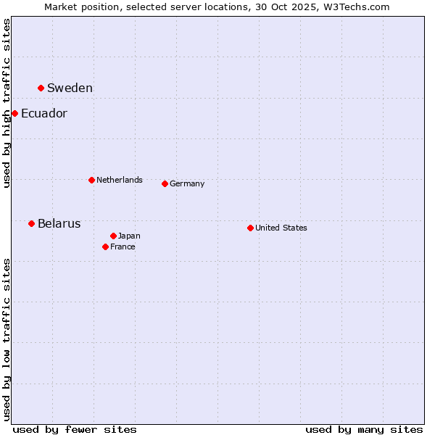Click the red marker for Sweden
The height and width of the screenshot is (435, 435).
(x=41, y=88)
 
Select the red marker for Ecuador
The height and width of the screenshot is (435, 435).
(x=14, y=113)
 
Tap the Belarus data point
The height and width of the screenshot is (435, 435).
(x=31, y=223)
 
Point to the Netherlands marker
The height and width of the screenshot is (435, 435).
(x=91, y=180)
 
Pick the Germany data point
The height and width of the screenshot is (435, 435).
(x=165, y=183)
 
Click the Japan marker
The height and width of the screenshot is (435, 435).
(x=113, y=236)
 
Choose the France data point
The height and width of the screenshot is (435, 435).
(x=105, y=246)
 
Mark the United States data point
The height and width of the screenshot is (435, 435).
(x=250, y=228)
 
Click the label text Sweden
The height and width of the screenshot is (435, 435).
(x=70, y=88)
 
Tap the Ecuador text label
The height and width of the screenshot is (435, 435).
(x=44, y=114)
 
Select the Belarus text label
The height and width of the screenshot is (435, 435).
(x=59, y=224)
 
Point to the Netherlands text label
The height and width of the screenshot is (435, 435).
(x=120, y=180)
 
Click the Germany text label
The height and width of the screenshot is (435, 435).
(x=187, y=184)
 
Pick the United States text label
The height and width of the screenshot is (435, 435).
(x=281, y=228)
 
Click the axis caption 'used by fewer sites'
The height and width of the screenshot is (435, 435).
(x=75, y=429)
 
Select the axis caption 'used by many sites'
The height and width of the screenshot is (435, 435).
(x=364, y=429)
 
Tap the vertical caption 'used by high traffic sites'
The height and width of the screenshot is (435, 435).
(x=7, y=103)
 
